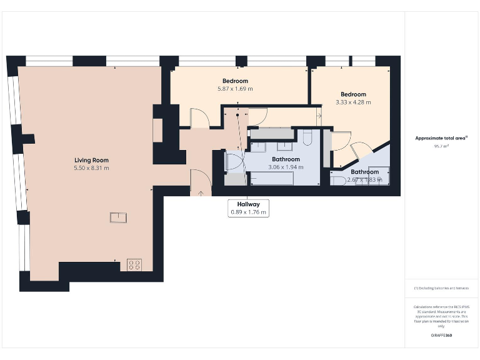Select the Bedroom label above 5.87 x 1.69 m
[235, 81]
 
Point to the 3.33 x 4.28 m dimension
[353, 102]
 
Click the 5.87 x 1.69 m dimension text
[235, 89]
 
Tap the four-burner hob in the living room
[134, 264]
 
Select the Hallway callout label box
[248, 208]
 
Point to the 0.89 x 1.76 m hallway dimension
[248, 212]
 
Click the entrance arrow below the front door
[201, 192]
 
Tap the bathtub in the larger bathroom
[272, 179]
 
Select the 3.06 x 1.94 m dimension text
[285, 167]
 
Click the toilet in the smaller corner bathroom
[340, 181]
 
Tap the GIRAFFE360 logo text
[442, 336]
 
